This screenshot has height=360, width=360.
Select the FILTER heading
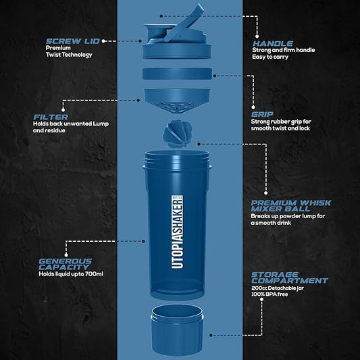(x=51, y=116)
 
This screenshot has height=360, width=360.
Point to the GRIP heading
(x=263, y=113)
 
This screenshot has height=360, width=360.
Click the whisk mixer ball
(x=179, y=133)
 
